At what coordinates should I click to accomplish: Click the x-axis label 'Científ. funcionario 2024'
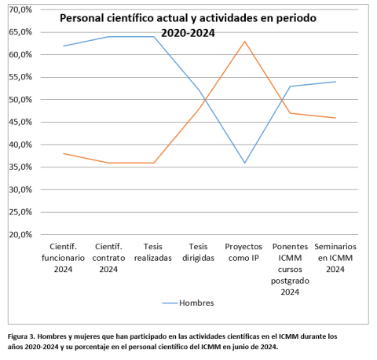63,257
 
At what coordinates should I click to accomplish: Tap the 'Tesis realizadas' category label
153,252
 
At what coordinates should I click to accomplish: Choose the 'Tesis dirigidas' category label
199,252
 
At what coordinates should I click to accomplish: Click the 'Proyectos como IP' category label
245,252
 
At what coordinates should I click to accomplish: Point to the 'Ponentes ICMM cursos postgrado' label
291,263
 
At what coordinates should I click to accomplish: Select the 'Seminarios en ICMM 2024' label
336,257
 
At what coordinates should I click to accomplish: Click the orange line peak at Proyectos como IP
245,41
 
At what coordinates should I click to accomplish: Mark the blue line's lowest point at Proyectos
245,163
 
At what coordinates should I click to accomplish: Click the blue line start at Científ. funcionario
63,46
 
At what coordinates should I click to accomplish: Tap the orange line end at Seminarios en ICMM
336,118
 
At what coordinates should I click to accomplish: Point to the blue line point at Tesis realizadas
153,37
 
